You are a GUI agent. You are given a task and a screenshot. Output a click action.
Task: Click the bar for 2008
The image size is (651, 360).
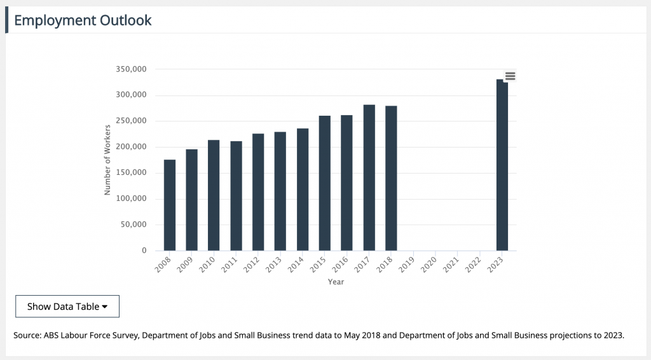tap(170, 205)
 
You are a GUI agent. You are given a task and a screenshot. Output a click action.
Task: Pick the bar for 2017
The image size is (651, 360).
tap(369, 177)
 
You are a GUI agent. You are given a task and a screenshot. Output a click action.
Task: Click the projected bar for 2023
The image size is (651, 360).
tap(502, 165)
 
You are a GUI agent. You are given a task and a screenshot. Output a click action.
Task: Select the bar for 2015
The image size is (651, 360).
tap(325, 183)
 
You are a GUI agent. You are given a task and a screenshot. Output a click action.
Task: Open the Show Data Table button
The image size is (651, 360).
tap(67, 307)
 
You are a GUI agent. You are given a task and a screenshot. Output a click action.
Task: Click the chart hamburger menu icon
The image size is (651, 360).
tap(510, 76)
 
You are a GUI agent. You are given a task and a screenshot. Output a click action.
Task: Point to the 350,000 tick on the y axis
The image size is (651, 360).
tap(132, 69)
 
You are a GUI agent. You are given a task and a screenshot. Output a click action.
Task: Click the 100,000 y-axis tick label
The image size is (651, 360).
tap(132, 199)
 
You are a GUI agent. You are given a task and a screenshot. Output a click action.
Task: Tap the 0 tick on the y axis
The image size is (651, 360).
tap(144, 251)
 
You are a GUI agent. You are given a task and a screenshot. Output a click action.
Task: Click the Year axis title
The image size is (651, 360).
tap(336, 282)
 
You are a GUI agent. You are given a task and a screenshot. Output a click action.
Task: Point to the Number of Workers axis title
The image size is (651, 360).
tap(108, 160)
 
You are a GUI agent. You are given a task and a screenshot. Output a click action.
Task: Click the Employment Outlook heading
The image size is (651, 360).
tap(83, 20)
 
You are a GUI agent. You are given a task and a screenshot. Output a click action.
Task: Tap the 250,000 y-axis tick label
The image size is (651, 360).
tap(132, 121)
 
